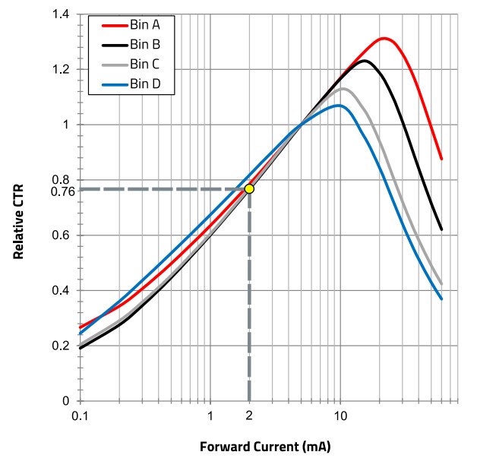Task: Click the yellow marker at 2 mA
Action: (249, 188)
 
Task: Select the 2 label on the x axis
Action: (249, 415)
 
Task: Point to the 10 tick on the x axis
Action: (340, 415)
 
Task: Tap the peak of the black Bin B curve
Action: (365, 61)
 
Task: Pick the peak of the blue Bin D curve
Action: (339, 106)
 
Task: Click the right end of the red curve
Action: (441, 160)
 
